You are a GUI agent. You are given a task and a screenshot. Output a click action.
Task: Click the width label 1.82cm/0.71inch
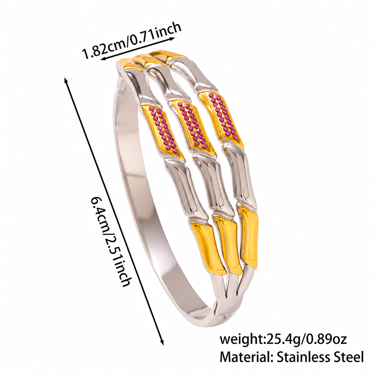click(131, 41)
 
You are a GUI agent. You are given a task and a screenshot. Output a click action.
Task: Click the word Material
click(246, 357)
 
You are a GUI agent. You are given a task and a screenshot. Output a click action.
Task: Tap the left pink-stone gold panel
click(162, 131)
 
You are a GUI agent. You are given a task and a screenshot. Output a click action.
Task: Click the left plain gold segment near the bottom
click(208, 247)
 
